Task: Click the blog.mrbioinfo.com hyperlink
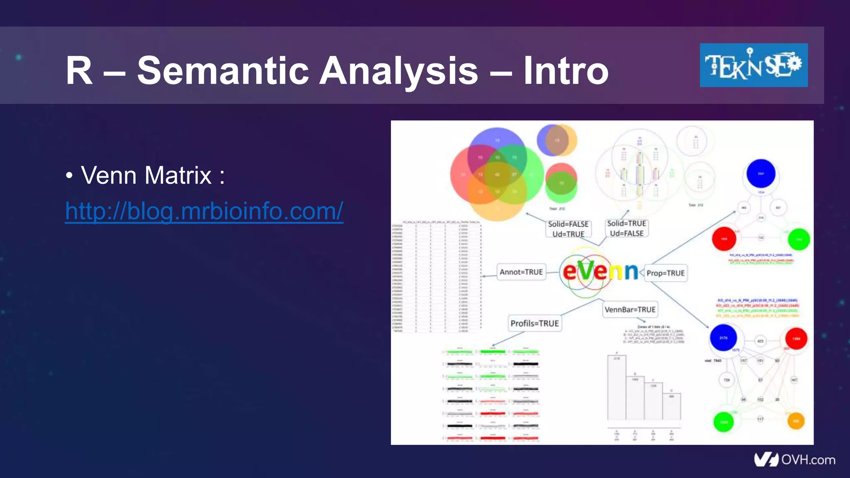coord(204,211)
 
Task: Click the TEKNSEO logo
coord(753,65)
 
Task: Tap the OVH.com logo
coord(794,460)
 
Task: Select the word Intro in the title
coord(566,71)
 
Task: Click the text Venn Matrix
coord(146,175)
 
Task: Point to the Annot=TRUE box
coord(521,272)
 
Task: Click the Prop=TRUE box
coord(665,273)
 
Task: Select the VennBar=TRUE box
coord(630,310)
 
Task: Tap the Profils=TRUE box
coord(535,323)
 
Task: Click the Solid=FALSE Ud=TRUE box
coord(568,229)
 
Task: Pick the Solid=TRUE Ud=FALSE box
coord(627,228)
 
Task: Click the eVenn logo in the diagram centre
coord(600,272)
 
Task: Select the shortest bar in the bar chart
coord(671,406)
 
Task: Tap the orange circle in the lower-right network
coord(796,421)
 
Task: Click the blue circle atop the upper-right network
coord(761,173)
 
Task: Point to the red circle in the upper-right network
coord(724,239)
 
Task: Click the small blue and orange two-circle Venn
coord(557,140)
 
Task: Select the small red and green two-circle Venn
coord(561,183)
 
